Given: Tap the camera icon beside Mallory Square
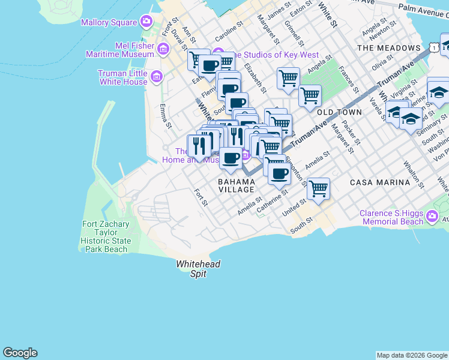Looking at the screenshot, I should click(x=146, y=23).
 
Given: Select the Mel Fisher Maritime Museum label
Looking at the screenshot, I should click(x=127, y=50).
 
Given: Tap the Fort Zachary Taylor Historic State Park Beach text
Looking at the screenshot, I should click(x=106, y=237).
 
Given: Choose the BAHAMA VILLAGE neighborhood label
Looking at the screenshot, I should click(x=236, y=185).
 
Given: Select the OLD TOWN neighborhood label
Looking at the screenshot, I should click(x=339, y=112).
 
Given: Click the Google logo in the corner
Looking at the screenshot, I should click(x=20, y=353).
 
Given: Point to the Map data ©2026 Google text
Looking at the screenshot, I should click(x=412, y=355).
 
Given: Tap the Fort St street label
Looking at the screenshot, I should click(x=200, y=197).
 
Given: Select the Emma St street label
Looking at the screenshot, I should click(x=165, y=116).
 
